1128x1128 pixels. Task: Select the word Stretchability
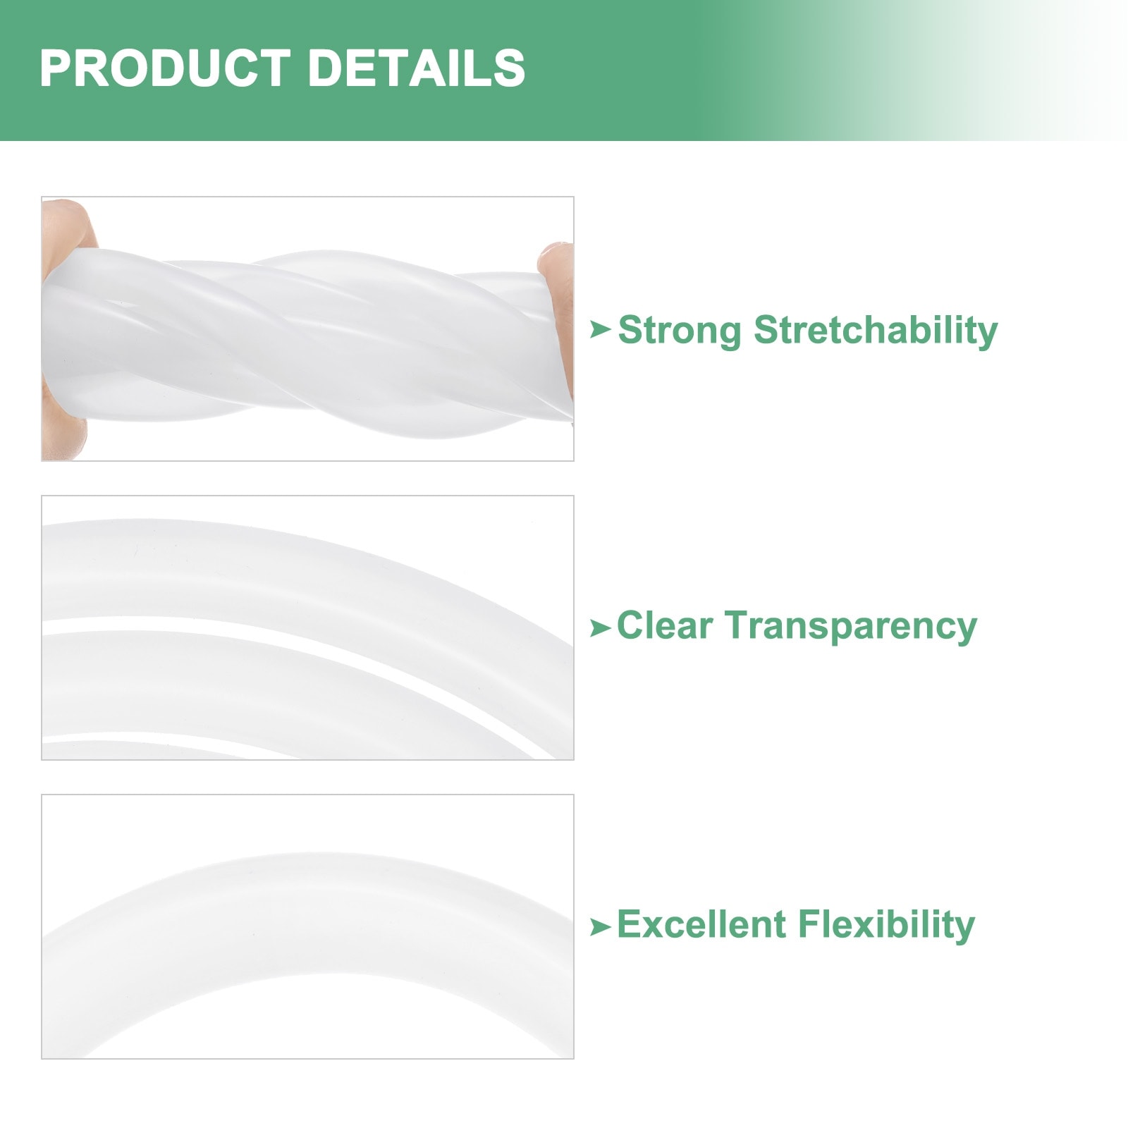click(876, 331)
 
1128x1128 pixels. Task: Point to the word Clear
click(665, 625)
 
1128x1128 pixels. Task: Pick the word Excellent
click(701, 924)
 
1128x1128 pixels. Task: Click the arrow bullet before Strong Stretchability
click(600, 329)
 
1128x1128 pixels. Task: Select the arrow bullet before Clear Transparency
click(600, 627)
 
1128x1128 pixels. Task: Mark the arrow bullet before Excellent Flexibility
click(600, 926)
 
